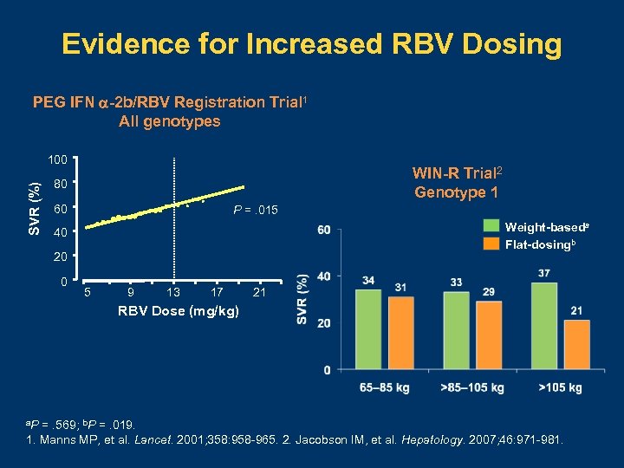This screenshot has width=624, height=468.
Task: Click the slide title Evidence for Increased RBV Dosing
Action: [x=312, y=44]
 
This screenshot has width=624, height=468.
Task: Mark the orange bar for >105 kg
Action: [x=576, y=345]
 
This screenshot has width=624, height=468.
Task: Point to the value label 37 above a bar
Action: [x=543, y=274]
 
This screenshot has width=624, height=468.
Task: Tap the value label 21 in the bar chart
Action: [x=576, y=311]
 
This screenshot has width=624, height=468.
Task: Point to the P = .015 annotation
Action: [x=256, y=211]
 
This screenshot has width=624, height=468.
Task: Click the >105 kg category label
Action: [x=560, y=387]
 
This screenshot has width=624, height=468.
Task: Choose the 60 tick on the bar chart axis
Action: [x=323, y=230]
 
